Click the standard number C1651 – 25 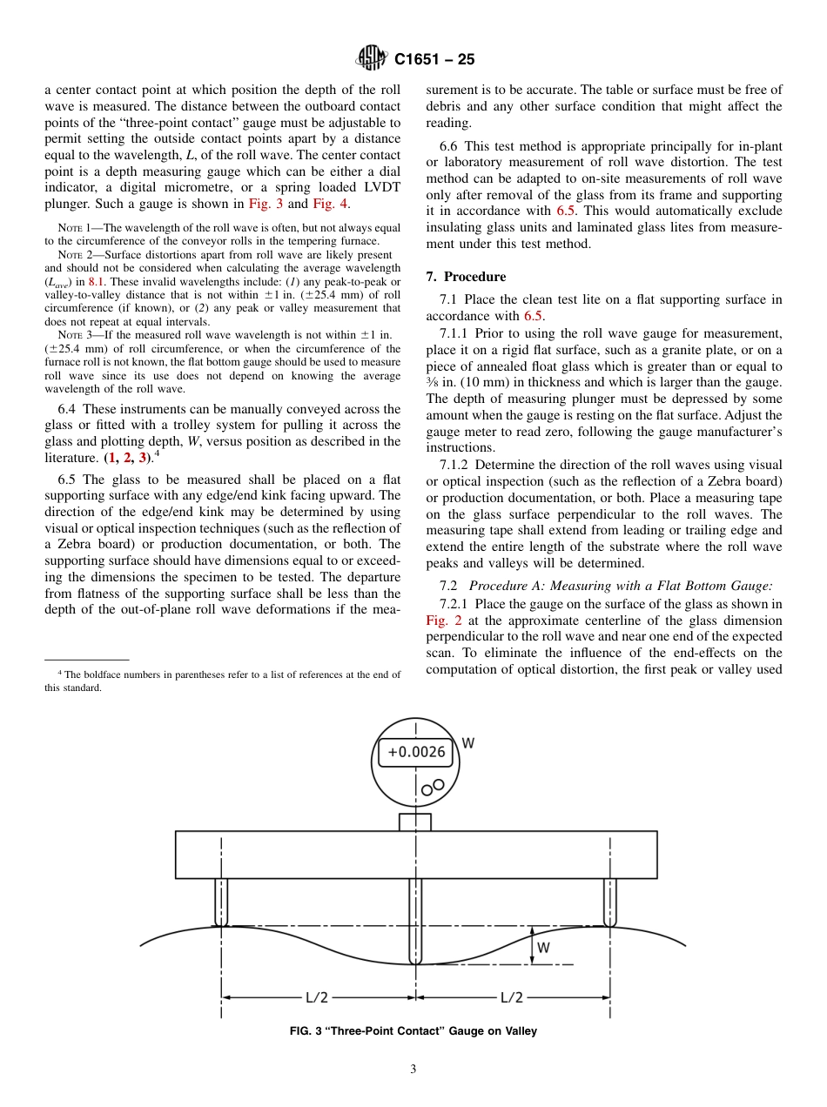(434, 60)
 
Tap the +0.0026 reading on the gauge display (416, 752)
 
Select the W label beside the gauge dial (467, 743)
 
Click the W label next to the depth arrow (543, 948)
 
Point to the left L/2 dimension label (317, 997)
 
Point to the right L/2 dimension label (512, 997)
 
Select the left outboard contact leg (221, 902)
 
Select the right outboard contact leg (609, 902)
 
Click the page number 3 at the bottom (413, 1070)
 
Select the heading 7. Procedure (466, 277)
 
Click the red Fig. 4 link (332, 204)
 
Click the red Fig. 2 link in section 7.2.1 (437, 621)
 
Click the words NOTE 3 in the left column (77, 334)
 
